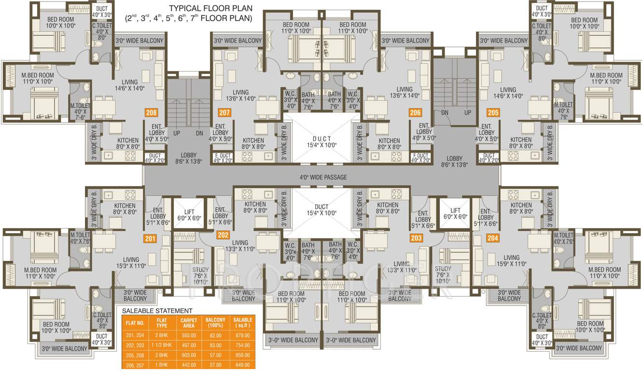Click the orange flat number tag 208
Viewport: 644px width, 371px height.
point(151,113)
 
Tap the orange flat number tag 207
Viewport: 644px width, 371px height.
point(224,113)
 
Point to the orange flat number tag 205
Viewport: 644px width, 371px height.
point(493,113)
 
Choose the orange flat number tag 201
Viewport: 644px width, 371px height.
point(150,238)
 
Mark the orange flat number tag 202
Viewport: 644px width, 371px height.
point(223,235)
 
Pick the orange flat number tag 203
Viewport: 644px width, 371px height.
point(416,238)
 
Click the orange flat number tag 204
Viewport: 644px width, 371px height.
point(492,238)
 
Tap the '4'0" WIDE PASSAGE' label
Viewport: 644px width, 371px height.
point(322,177)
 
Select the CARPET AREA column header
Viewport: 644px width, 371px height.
point(188,323)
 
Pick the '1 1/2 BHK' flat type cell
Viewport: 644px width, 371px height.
point(161,345)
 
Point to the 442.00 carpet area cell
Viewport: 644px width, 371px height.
point(188,365)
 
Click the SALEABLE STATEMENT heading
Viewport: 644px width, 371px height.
point(157,311)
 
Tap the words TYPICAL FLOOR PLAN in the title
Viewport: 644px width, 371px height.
point(210,8)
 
